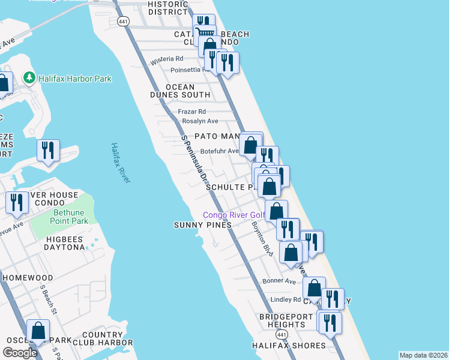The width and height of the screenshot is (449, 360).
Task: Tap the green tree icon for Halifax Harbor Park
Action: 28,78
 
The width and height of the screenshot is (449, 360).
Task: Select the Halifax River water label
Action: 120,163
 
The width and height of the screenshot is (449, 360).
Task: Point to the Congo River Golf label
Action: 234,215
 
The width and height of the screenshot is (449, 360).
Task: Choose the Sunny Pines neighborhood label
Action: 202,225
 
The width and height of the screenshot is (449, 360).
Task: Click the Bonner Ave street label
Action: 280,281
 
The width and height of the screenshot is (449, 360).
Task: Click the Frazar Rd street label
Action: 192,112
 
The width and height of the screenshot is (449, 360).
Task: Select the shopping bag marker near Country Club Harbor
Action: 38,331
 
